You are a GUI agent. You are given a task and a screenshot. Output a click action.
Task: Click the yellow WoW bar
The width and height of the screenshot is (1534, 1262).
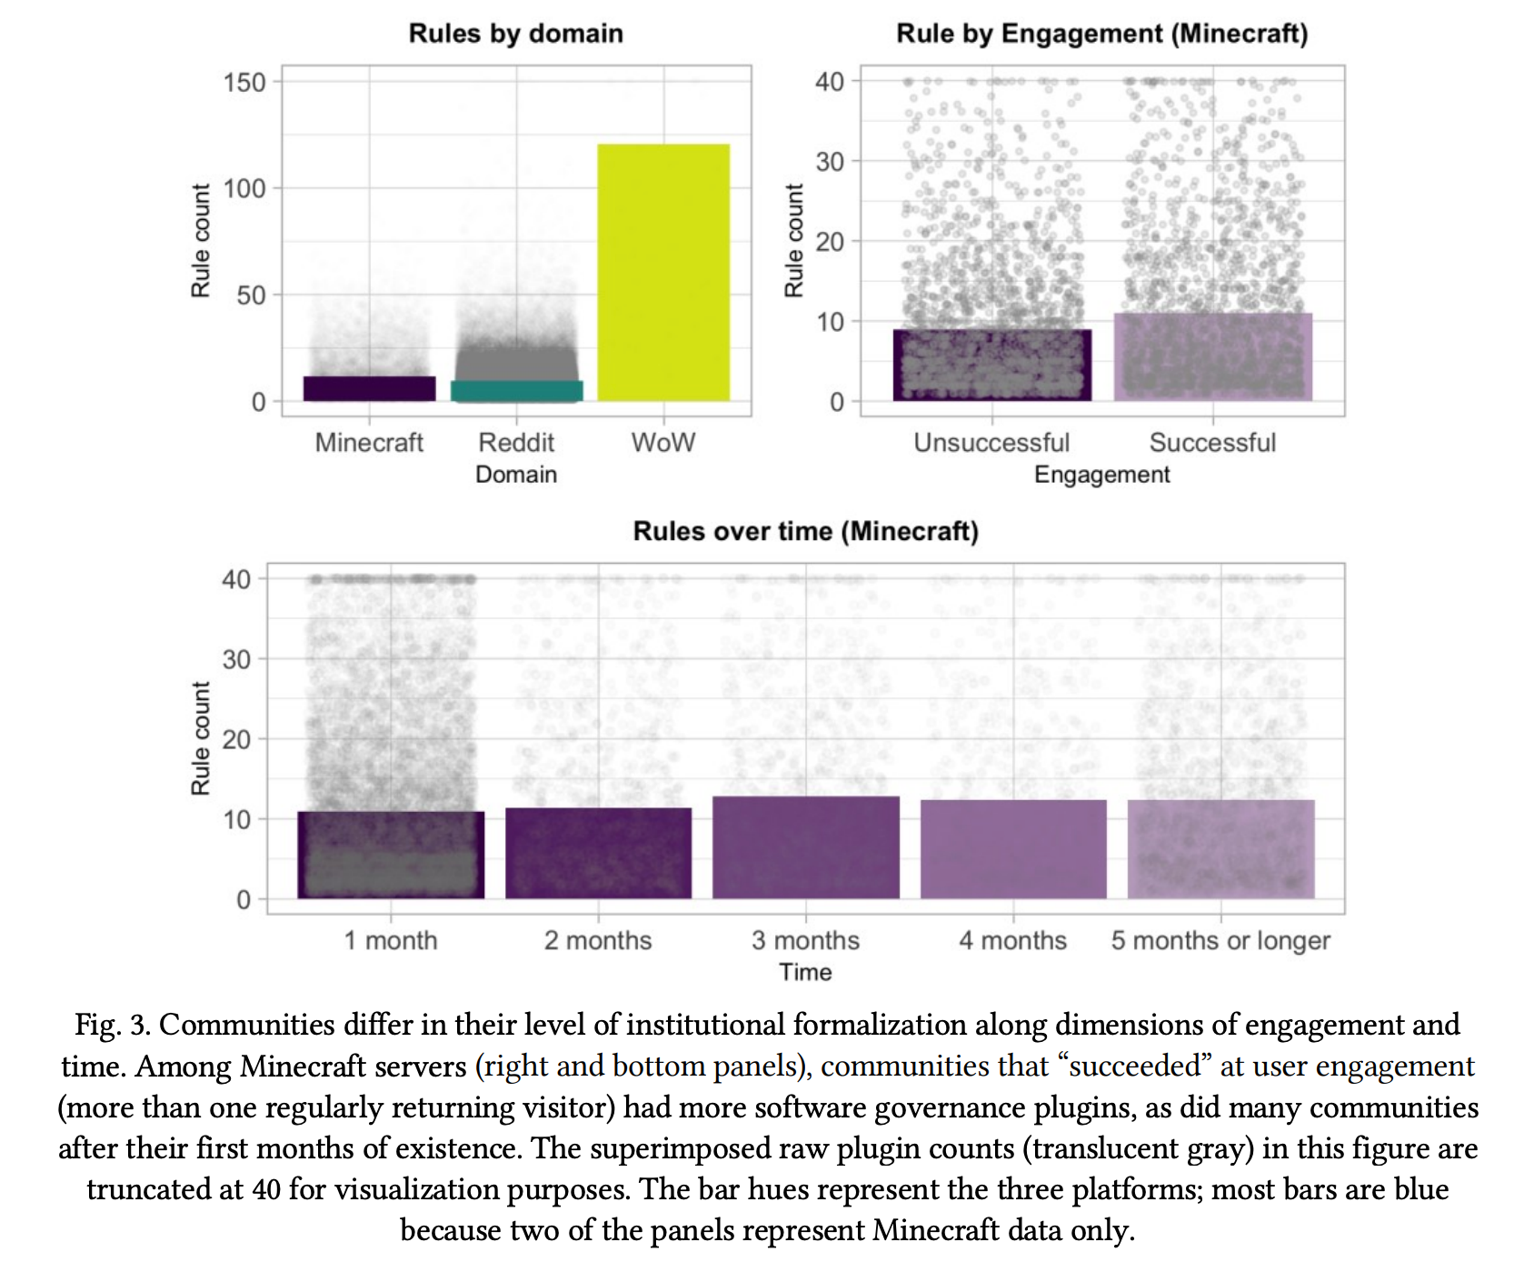(663, 273)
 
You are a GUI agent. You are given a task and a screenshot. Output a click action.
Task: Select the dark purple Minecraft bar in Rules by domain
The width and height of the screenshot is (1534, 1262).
(369, 388)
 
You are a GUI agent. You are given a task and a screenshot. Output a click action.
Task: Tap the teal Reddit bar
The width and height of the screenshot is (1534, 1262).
(516, 391)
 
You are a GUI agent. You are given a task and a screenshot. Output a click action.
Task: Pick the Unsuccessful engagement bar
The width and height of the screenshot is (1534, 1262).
(992, 365)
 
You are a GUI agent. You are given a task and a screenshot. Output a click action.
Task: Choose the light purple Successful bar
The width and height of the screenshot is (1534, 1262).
(1213, 356)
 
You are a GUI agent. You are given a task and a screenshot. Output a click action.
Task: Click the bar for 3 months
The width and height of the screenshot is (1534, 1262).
(806, 847)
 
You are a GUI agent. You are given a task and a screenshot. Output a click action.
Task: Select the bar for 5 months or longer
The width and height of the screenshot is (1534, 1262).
(1220, 849)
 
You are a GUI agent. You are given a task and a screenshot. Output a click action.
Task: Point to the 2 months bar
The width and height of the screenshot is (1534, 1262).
(598, 853)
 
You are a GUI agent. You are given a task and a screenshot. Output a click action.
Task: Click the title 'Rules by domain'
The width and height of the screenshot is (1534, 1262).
(515, 34)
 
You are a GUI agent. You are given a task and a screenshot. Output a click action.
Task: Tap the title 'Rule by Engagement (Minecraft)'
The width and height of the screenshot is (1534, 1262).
(1101, 34)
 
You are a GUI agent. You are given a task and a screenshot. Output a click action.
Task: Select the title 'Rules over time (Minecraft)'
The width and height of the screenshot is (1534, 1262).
(805, 531)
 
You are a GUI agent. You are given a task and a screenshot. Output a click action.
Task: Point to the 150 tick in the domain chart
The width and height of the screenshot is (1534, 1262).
(244, 83)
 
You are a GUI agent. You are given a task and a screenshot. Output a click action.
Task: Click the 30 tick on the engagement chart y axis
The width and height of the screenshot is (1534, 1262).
(830, 162)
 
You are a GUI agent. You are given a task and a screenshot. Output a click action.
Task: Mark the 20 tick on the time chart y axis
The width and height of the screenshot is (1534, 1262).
(236, 739)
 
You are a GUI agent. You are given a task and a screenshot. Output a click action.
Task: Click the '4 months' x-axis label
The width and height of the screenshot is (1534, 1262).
(1012, 940)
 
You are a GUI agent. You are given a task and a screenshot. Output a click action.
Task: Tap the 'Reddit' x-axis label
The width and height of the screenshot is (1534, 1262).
(516, 443)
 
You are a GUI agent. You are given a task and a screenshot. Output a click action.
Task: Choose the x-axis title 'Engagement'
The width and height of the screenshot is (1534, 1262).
(1101, 475)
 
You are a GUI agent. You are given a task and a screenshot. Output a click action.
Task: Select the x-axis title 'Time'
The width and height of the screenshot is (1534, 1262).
(805, 972)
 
